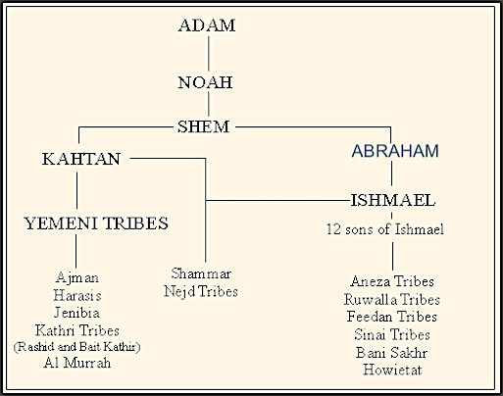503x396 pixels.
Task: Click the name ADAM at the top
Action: coord(207,25)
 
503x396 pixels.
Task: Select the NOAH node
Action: coord(205,82)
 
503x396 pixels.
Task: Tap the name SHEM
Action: coord(203,126)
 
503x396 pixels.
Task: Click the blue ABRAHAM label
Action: coord(395,151)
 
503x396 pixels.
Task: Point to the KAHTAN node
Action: coord(81,159)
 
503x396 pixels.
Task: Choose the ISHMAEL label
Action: coord(393,200)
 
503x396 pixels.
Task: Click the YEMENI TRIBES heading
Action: coord(96,223)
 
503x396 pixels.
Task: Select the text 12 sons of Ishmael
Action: coord(385,229)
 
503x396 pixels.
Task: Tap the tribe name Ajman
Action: coord(77,278)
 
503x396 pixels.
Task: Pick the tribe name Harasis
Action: coord(77,296)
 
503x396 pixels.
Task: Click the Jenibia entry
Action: coord(76,313)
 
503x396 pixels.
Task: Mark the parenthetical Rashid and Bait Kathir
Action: coord(76,347)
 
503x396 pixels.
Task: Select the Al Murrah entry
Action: coord(77,363)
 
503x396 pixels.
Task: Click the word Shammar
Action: coord(201,273)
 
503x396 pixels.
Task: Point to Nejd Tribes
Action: coord(201,291)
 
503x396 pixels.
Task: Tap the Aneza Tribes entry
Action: coord(392,281)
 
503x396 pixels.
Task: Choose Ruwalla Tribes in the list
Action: coord(392,299)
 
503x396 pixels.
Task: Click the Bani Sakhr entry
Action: coord(392,353)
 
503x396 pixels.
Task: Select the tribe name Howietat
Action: coord(392,370)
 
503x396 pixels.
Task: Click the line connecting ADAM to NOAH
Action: coord(209,53)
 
